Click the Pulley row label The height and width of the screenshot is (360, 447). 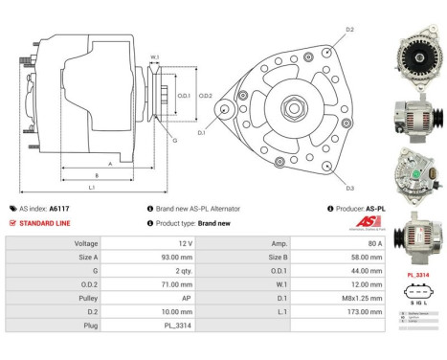click(x=86, y=298)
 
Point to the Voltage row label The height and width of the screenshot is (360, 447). click(x=86, y=243)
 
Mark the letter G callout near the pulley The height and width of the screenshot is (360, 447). click(x=174, y=141)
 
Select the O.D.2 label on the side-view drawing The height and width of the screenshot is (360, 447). click(x=205, y=96)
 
